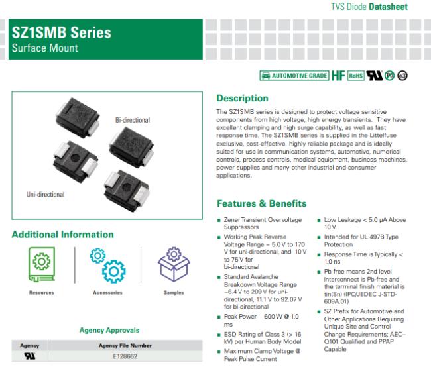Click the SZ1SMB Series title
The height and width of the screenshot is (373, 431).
click(61, 32)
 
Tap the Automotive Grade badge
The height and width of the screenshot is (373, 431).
click(294, 76)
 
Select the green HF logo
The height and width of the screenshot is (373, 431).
click(338, 76)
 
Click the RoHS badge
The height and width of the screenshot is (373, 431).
click(356, 76)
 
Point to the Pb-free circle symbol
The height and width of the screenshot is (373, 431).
click(389, 76)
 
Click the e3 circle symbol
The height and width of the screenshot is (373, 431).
click(402, 76)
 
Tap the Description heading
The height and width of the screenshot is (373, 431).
click(242, 98)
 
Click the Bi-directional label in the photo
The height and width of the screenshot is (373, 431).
click(133, 120)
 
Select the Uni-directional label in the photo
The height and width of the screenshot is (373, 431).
click(45, 195)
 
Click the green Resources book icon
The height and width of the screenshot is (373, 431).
click(42, 264)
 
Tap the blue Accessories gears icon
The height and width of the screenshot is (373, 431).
click(107, 265)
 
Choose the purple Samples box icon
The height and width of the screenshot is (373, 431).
click(174, 264)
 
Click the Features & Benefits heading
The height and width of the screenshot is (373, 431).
click(261, 203)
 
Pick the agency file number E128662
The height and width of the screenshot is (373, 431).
click(125, 356)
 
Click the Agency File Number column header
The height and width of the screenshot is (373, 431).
click(125, 346)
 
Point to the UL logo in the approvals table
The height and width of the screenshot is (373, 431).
click(30, 356)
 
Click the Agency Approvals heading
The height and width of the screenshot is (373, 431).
click(109, 330)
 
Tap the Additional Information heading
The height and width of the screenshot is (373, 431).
click(63, 235)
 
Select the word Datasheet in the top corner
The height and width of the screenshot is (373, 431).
click(388, 7)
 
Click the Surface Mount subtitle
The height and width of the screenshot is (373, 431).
click(45, 48)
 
